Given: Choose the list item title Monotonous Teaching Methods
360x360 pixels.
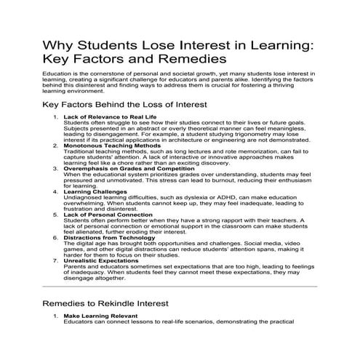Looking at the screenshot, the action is [105, 145].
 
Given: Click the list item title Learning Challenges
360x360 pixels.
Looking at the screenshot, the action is [92, 192].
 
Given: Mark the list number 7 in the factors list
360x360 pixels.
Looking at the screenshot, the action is [55, 261].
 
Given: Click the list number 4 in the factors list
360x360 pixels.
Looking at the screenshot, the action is [55, 192].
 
